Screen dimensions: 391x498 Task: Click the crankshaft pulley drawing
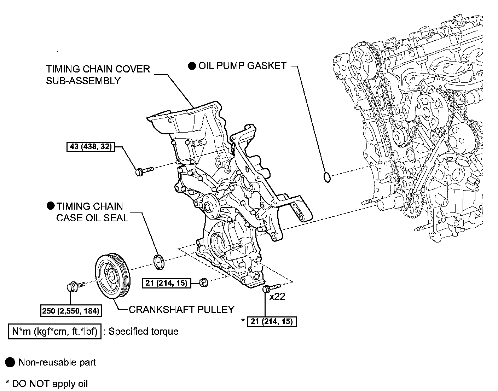113,276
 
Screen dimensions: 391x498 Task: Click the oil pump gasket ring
328,177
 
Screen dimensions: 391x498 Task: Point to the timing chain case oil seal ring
159,261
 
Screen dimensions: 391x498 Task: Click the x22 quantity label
277,297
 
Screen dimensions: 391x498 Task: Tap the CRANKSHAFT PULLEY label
181,310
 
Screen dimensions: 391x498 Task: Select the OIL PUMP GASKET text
242,66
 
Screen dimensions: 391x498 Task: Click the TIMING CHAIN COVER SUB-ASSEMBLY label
98,75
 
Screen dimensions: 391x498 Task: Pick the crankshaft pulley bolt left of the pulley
74,285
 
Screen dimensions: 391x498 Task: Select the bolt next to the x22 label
270,288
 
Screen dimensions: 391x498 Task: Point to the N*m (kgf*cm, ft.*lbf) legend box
54,331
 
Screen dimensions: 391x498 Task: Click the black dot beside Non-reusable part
11,362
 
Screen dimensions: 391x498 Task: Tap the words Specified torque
143,331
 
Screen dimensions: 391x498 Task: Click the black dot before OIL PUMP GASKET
192,66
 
